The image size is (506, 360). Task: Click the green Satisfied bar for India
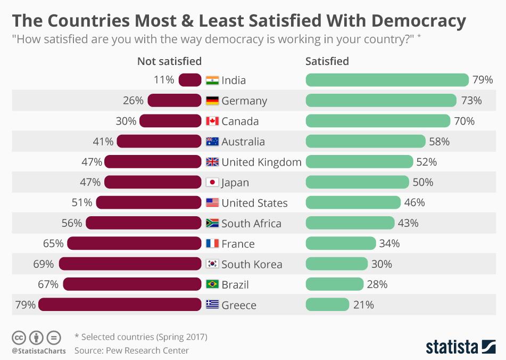(x=387, y=80)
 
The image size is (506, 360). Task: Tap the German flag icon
(x=212, y=101)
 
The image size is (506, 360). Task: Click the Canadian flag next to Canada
(x=212, y=121)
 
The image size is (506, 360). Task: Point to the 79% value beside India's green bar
(x=483, y=80)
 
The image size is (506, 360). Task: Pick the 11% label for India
(x=164, y=80)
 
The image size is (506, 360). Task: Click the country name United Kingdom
(x=261, y=162)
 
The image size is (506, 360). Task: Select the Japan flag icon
(x=212, y=182)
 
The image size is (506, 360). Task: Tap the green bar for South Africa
(x=350, y=223)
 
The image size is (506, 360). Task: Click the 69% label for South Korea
(x=43, y=264)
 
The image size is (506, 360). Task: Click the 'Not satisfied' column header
(x=169, y=61)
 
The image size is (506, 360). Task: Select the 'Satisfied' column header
(x=327, y=61)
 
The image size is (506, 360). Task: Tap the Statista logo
(x=460, y=346)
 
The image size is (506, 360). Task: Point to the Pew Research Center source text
(x=131, y=350)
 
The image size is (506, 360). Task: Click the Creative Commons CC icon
(x=19, y=337)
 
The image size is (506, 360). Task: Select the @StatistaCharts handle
(x=39, y=350)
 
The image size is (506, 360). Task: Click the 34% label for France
(x=389, y=243)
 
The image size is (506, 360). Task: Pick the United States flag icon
(x=212, y=203)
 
